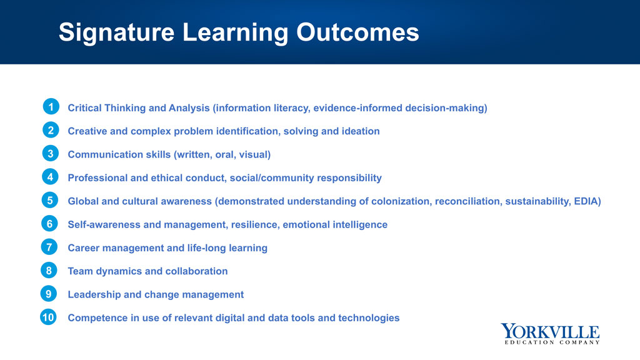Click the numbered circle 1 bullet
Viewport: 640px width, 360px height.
51,107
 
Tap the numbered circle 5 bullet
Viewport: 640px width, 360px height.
50,201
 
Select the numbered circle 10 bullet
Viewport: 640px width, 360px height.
48,317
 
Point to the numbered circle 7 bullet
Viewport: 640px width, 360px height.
49,247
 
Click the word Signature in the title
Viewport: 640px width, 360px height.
117,32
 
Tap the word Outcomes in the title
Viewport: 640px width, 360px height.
357,32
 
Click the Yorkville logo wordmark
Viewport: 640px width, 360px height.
550,331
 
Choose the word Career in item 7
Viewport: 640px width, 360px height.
83,247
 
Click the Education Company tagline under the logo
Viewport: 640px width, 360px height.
552,342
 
